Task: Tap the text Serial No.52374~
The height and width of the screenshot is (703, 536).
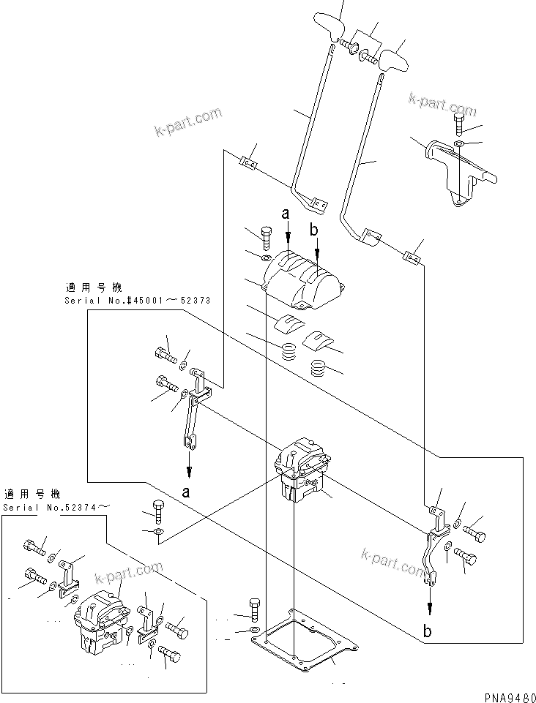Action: coord(59,507)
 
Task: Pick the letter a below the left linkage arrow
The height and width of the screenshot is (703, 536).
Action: coord(187,492)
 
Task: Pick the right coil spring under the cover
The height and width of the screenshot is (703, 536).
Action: coord(321,367)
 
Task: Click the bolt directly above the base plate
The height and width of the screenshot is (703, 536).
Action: coord(254,609)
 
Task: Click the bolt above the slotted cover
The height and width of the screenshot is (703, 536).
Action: coord(266,237)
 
